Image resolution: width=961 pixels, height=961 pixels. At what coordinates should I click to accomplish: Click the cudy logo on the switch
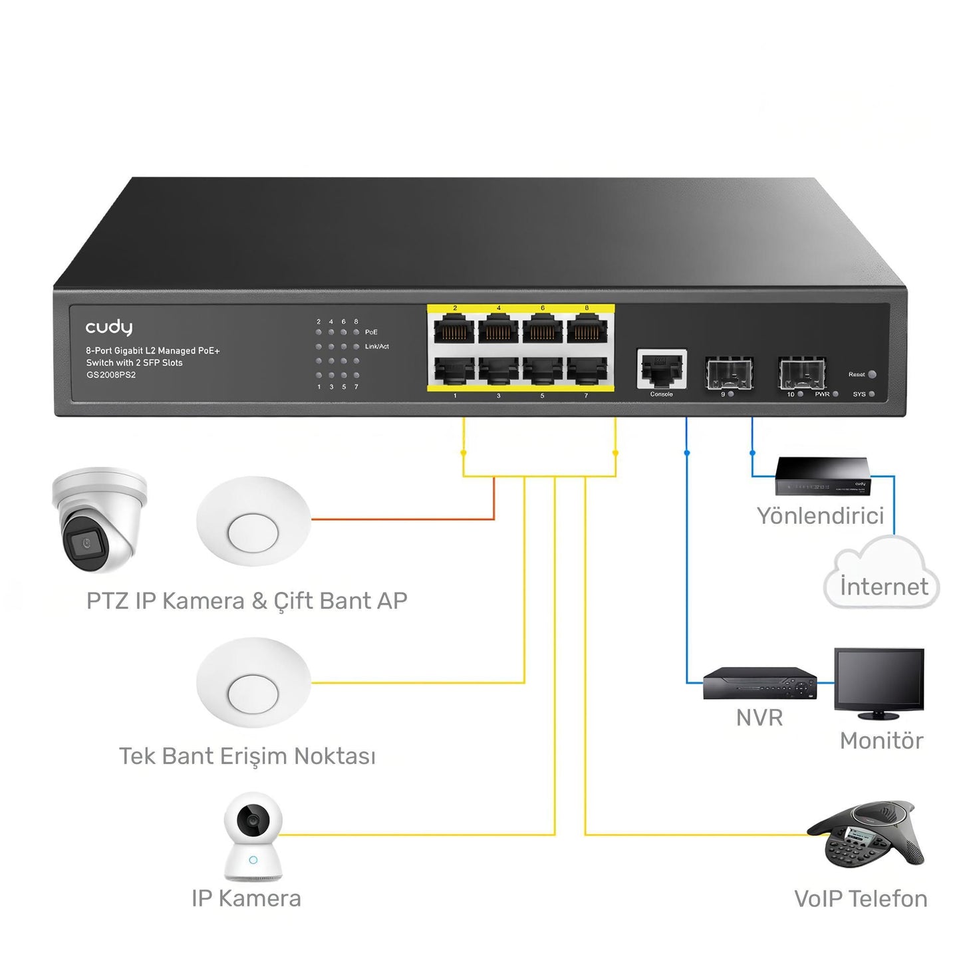click(108, 327)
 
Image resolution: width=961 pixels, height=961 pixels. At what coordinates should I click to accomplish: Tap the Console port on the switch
click(661, 369)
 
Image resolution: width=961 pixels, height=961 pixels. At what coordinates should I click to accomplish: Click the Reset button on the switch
click(872, 374)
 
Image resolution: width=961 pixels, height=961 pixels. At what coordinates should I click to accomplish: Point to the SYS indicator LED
click(871, 394)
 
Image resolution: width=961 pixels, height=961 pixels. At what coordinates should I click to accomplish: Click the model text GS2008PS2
click(110, 375)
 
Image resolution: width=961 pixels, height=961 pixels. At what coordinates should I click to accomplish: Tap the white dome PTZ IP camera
click(100, 519)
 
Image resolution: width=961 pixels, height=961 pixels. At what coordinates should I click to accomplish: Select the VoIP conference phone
click(867, 834)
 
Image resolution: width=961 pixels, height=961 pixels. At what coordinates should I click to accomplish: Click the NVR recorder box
click(759, 684)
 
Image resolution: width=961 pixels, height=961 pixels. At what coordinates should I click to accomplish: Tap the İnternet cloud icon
click(882, 575)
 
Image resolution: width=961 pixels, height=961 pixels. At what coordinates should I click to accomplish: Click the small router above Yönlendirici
click(823, 476)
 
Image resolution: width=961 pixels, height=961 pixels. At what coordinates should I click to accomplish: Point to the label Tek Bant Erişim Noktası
click(247, 756)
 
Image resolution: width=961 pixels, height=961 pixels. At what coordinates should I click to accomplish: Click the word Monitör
click(881, 741)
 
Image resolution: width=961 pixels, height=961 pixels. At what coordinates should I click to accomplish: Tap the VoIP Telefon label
click(860, 899)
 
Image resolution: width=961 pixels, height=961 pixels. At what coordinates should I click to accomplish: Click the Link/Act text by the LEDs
click(376, 346)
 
